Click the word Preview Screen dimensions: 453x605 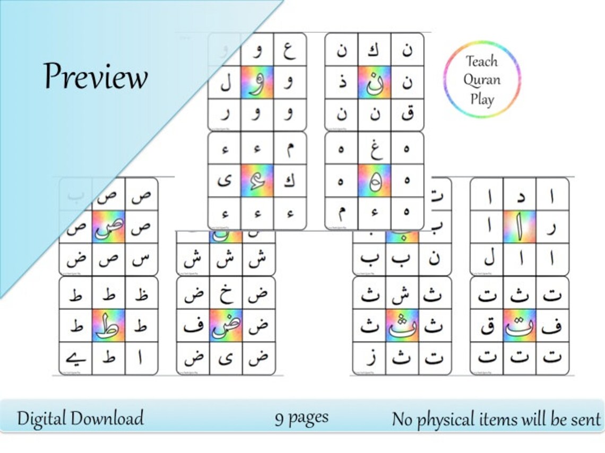(96, 76)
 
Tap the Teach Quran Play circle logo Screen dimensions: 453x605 (482, 79)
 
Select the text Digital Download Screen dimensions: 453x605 (80, 418)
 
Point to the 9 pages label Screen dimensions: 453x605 (301, 418)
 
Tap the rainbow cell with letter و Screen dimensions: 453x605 (257, 82)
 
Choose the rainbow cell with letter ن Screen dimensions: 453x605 (374, 82)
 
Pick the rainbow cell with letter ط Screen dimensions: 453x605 (108, 325)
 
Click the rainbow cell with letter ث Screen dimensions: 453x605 (402, 325)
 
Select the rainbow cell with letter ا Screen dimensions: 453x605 (520, 227)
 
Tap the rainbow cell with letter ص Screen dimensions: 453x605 (108, 227)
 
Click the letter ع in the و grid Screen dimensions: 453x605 (289, 50)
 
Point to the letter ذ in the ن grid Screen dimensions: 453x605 (341, 83)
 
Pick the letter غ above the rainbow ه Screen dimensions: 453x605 (374, 148)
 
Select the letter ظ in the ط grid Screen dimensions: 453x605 (141, 293)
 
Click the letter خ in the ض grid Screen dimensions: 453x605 (226, 293)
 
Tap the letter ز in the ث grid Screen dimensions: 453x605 (369, 359)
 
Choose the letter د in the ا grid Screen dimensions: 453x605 (520, 195)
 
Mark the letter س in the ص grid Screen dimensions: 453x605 (141, 260)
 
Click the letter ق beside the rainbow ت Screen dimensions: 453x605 (487, 325)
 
